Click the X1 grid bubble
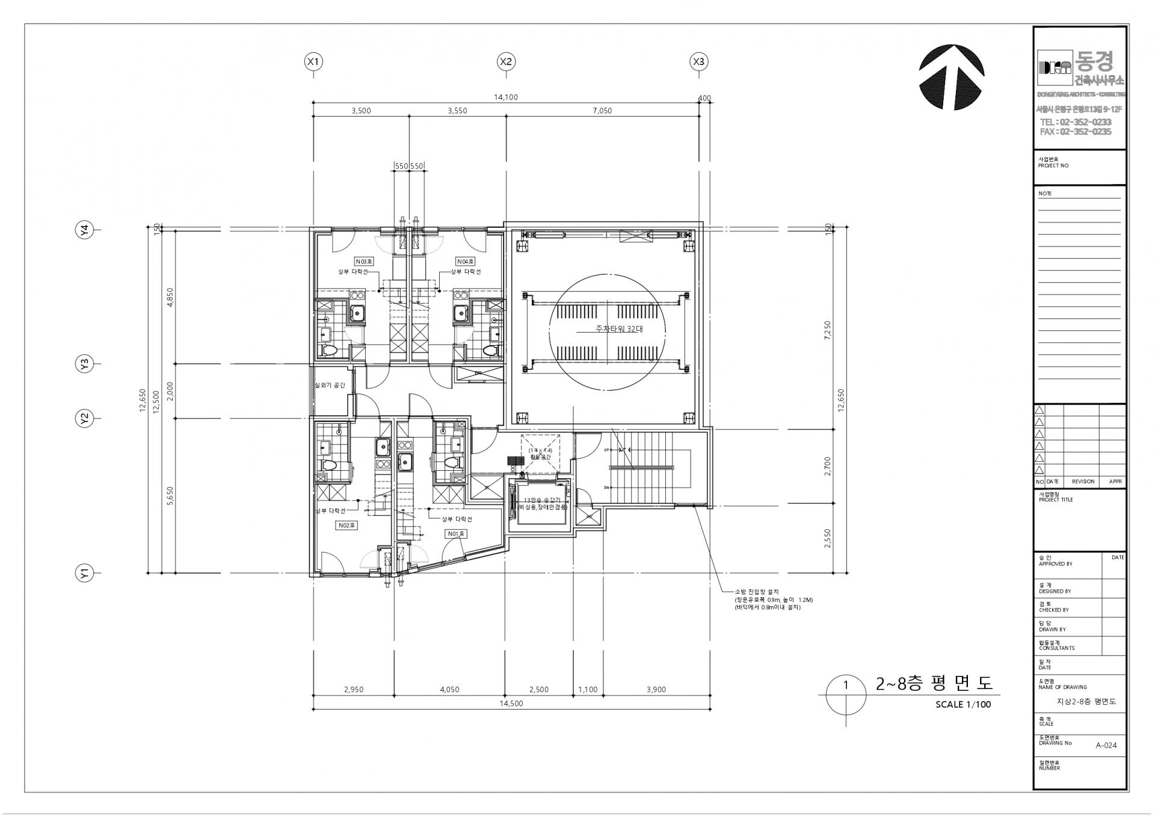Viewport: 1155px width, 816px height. pyautogui.click(x=313, y=61)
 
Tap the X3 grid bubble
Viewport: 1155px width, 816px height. pyautogui.click(x=698, y=61)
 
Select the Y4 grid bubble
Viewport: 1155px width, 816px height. pyautogui.click(x=85, y=230)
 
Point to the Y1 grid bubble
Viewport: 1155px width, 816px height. pyautogui.click(x=85, y=573)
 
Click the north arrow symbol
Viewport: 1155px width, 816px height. pyautogui.click(x=951, y=77)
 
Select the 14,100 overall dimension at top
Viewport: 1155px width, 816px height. pyautogui.click(x=505, y=97)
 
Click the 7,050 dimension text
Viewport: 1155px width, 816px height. pyautogui.click(x=602, y=111)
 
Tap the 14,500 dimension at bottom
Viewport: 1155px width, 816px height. pyautogui.click(x=511, y=704)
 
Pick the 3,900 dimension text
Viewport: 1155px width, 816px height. pyautogui.click(x=656, y=690)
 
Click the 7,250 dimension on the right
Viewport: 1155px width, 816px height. pyautogui.click(x=828, y=330)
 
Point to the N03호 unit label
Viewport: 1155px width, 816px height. pyautogui.click(x=364, y=262)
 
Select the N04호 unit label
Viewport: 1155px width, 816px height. pyautogui.click(x=465, y=262)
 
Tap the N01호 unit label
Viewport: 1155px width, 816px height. pyautogui.click(x=455, y=533)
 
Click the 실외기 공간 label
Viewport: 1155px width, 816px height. pyautogui.click(x=330, y=385)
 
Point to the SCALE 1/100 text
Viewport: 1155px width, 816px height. pyautogui.click(x=962, y=704)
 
